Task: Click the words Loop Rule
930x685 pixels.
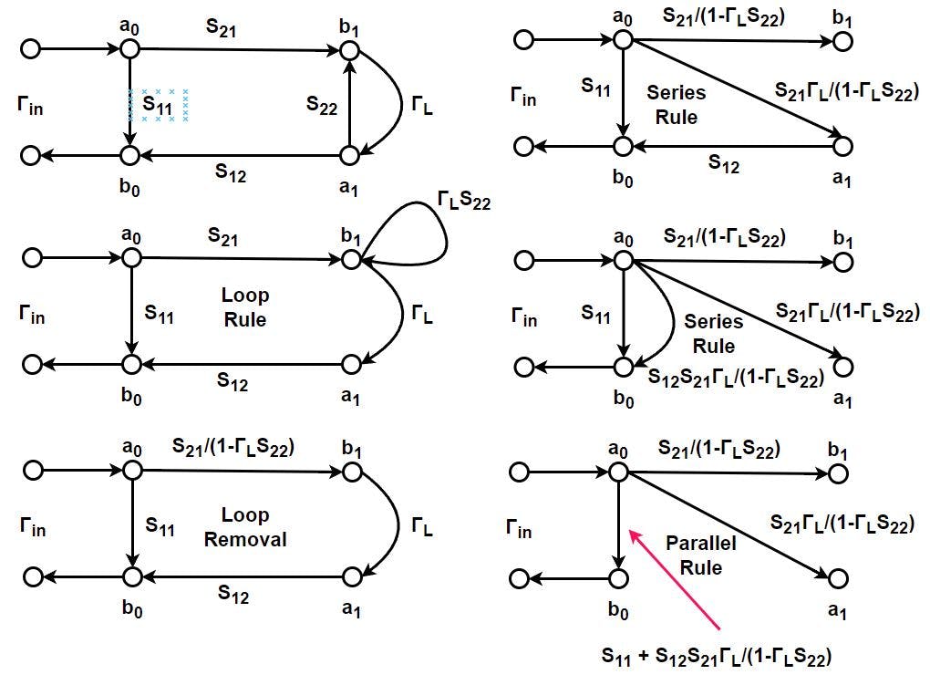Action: [x=244, y=307]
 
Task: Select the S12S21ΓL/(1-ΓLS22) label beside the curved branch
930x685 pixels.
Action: [x=736, y=376]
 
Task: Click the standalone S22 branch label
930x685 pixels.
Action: [x=322, y=107]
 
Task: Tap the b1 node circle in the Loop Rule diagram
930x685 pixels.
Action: [x=350, y=260]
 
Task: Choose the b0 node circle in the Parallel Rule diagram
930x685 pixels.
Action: [x=618, y=578]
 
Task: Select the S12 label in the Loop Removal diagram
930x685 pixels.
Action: [x=232, y=594]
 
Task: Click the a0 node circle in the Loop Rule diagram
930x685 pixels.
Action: [x=132, y=259]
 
